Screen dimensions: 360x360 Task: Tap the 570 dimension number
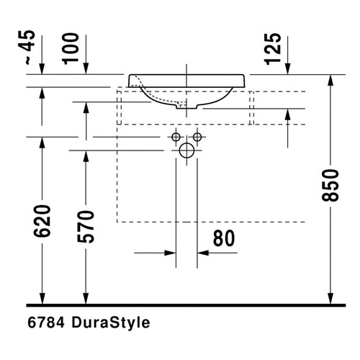[86, 227]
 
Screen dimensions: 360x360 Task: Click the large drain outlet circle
[186, 151]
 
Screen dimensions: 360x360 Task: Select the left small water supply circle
[176, 138]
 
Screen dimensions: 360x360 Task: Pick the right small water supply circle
[197, 138]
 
